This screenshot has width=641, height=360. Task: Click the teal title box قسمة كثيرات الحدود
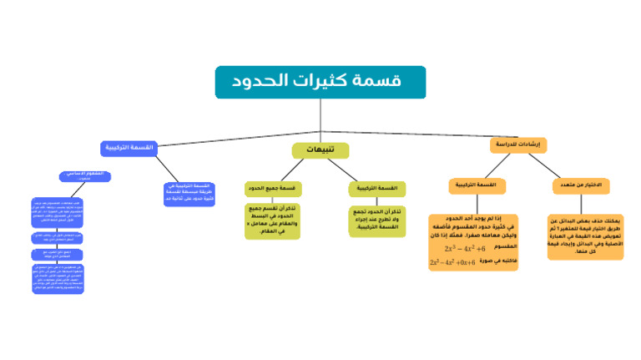(320, 82)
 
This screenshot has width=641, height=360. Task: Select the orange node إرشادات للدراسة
(517, 145)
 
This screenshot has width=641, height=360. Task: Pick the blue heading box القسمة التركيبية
(130, 148)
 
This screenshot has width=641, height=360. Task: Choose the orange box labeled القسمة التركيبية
(477, 185)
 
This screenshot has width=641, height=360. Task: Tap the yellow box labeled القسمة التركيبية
(376, 189)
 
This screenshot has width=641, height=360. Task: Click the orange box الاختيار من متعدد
(581, 185)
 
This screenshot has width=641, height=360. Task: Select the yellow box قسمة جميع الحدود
(272, 189)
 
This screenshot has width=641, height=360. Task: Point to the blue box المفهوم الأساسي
(83, 175)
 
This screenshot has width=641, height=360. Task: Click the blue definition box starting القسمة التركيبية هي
(189, 194)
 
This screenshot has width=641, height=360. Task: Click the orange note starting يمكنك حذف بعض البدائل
(585, 236)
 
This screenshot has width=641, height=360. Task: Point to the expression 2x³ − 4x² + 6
(464, 248)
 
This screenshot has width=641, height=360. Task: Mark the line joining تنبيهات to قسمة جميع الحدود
(292, 170)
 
